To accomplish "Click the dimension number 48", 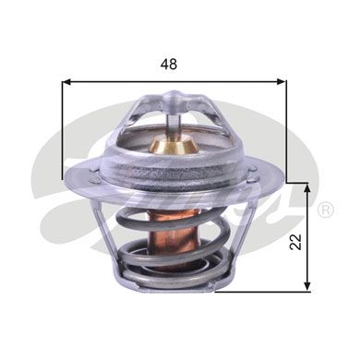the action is point(169,64).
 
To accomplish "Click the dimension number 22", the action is point(295,242).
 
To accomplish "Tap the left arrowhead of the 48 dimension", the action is point(66,81).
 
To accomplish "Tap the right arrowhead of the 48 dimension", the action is point(282,81).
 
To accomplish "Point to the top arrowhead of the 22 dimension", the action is point(306,188).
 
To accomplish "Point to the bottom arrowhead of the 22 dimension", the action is point(306,285).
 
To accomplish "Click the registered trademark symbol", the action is point(325,210).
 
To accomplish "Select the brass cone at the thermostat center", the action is point(174,145).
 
